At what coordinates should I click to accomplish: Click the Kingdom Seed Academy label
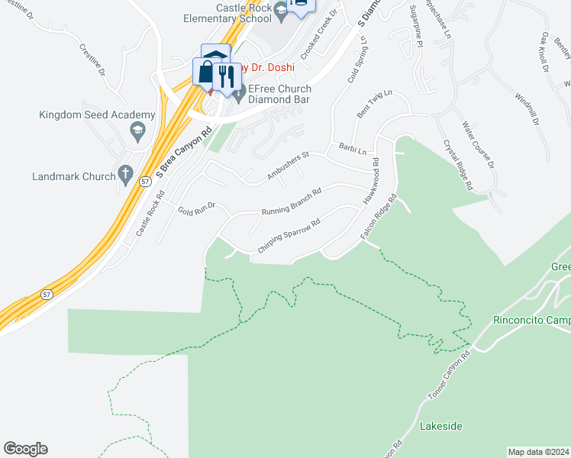pos(97,115)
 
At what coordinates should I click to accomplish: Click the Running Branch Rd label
pos(292,201)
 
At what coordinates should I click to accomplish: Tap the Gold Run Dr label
pos(198,208)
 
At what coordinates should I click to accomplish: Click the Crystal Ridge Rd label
pos(458,164)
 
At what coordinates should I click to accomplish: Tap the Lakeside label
pos(441,426)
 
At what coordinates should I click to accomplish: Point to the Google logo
pos(25,448)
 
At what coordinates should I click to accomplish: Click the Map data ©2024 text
pos(538,451)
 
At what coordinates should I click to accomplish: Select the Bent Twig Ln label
pos(374,105)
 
